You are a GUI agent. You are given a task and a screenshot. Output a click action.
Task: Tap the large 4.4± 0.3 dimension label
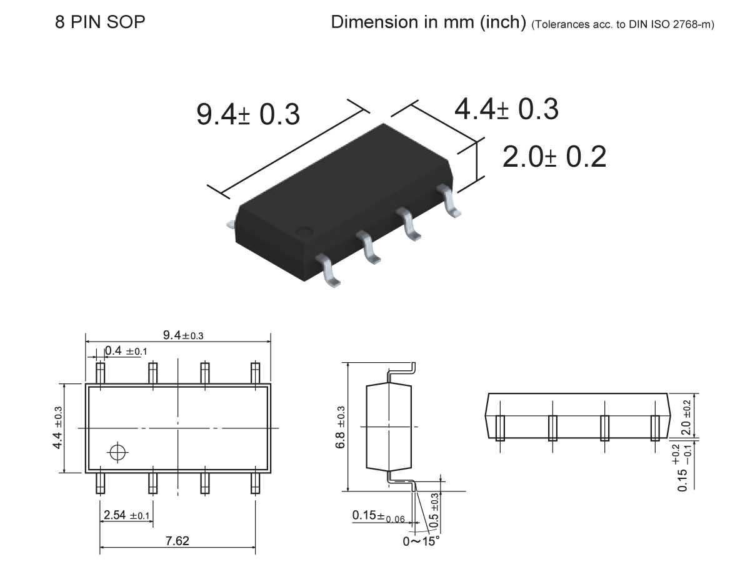(506, 109)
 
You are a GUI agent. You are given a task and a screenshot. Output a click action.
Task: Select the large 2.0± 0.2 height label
(554, 157)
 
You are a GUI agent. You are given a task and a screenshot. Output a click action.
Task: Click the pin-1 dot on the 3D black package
(305, 230)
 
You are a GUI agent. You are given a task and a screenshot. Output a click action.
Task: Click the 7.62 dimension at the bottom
(177, 541)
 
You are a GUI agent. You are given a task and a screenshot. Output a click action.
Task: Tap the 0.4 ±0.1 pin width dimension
(126, 351)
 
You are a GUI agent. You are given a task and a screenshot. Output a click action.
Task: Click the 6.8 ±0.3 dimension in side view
(340, 426)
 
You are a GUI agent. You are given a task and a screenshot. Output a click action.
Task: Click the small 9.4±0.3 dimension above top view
(183, 335)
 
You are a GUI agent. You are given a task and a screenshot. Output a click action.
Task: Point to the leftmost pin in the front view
(500, 428)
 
